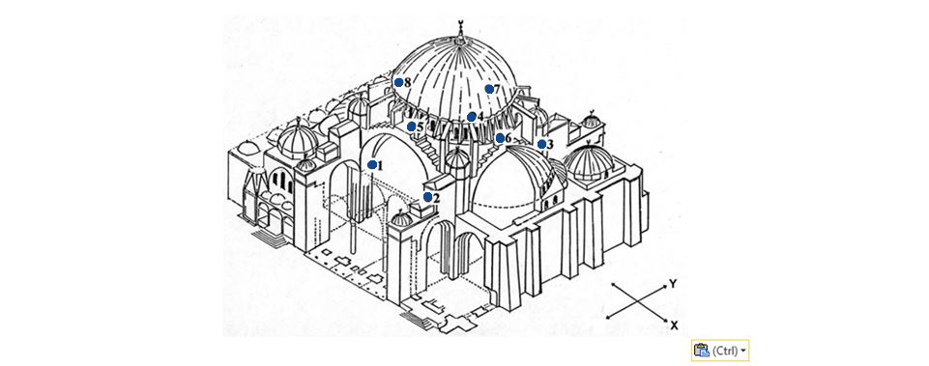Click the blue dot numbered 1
(372, 164)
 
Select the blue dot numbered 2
(428, 197)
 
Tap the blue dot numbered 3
(541, 144)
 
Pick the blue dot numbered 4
(471, 117)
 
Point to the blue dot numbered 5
(411, 127)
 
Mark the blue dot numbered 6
(500, 138)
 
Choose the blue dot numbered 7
(489, 89)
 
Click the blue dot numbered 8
(398, 82)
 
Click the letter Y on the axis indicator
(673, 284)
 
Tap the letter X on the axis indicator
(674, 324)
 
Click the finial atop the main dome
(459, 33)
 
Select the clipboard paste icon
(701, 351)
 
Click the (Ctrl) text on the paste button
(725, 351)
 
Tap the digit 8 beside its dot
(407, 82)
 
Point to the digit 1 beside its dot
(380, 165)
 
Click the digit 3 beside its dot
(550, 144)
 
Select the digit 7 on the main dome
(497, 89)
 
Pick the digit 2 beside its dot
(436, 198)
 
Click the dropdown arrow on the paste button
(743, 351)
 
